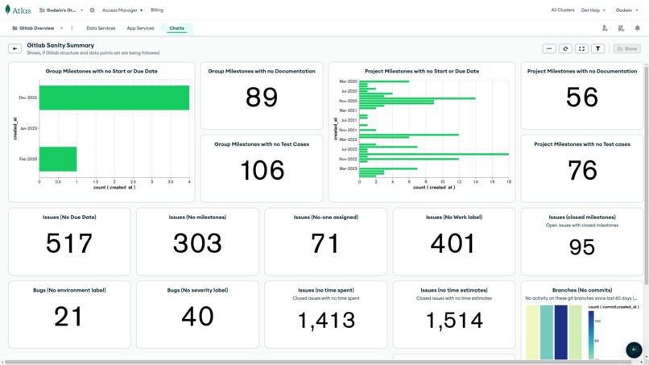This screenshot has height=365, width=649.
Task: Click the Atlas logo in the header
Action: (18, 10)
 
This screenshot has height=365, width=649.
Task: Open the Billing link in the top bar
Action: (157, 10)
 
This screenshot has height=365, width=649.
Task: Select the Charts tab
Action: (176, 28)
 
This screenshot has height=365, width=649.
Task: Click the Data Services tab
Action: (101, 28)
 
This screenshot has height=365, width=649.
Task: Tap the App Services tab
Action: (140, 28)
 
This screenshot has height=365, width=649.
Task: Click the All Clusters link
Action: (562, 10)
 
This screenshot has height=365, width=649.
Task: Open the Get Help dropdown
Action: (593, 10)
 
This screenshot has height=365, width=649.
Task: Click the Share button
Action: (626, 48)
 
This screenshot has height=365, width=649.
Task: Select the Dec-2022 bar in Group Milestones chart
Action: (114, 97)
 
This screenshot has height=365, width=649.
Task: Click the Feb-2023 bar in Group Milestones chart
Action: (58, 159)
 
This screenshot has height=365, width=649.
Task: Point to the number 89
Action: (262, 97)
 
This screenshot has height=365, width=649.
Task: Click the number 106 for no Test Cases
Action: (262, 170)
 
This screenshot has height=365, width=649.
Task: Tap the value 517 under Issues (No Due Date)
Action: (69, 243)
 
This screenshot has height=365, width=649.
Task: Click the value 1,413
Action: (325, 321)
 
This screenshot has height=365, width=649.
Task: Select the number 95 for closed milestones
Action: (581, 247)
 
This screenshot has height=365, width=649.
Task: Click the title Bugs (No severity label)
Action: (197, 290)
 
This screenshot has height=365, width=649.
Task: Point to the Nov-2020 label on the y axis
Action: (348, 101)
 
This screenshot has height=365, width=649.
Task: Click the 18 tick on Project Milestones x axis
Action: (509, 182)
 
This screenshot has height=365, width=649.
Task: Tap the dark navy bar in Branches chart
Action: (560, 332)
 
